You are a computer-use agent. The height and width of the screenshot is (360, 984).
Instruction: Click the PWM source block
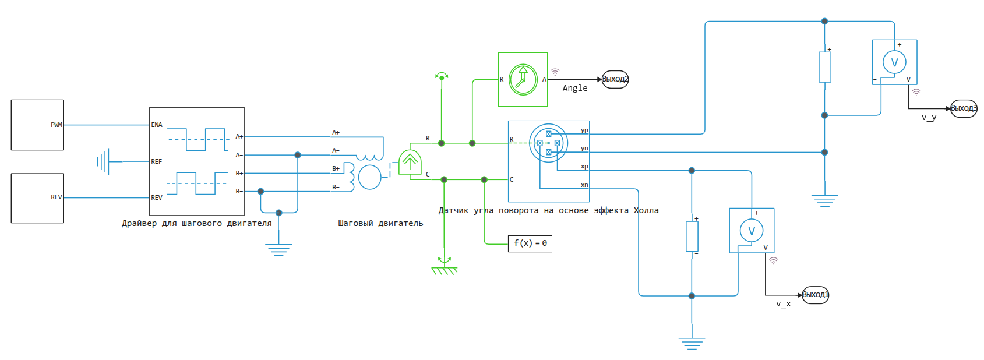click(37, 125)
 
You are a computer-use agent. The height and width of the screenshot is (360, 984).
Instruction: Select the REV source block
click(37, 198)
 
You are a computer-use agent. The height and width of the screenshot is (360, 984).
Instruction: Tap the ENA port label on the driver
click(157, 125)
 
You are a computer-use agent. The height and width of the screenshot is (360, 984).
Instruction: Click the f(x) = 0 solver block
click(530, 243)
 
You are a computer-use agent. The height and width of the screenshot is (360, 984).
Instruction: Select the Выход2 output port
click(615, 79)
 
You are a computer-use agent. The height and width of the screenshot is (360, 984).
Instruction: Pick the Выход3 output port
click(964, 108)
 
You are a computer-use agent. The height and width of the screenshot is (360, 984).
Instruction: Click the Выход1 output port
click(815, 295)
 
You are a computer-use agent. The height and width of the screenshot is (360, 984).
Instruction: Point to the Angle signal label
click(574, 89)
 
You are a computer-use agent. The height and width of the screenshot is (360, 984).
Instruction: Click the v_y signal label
click(929, 118)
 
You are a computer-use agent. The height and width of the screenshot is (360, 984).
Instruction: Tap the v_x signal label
click(783, 304)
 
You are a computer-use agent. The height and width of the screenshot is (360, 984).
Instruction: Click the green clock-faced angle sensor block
click(523, 79)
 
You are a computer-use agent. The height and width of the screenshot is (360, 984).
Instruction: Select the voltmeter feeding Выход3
click(894, 62)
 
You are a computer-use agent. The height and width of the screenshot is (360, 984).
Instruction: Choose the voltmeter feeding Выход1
click(752, 230)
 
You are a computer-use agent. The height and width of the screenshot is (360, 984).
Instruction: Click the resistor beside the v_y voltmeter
click(824, 66)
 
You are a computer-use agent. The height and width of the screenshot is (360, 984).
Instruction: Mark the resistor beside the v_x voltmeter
click(692, 236)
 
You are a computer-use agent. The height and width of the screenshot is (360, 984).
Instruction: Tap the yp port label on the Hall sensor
click(584, 130)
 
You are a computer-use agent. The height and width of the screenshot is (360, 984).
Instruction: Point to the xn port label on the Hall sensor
click(584, 185)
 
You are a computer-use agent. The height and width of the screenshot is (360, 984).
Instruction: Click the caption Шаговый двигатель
click(380, 224)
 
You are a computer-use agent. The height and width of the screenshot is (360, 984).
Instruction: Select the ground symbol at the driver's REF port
click(104, 161)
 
